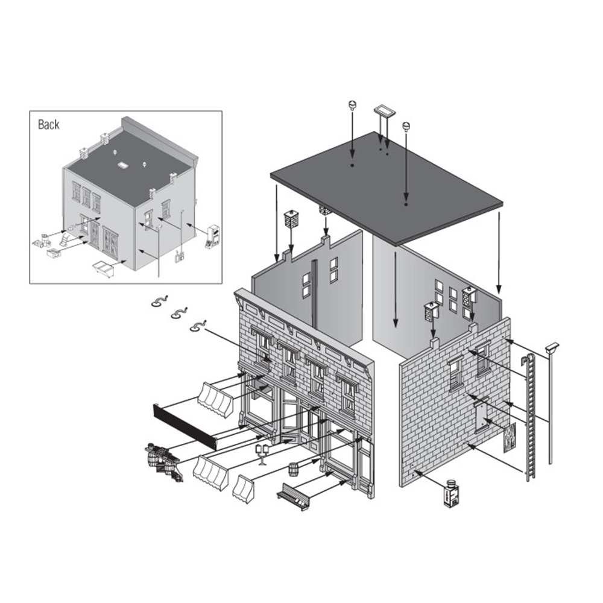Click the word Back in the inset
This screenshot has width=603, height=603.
tap(48, 124)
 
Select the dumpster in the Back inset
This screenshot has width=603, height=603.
tap(104, 268)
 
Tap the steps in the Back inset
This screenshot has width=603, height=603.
tap(66, 240)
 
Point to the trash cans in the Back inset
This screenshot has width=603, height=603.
tap(42, 241)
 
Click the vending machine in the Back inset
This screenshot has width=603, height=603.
tap(213, 236)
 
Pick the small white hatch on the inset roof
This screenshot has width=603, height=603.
tap(123, 166)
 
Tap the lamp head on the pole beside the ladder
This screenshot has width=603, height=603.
tap(552, 348)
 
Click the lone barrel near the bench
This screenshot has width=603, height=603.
tap(294, 469)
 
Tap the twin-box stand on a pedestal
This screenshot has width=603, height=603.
tap(263, 454)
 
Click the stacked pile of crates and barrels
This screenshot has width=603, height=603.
tap(164, 461)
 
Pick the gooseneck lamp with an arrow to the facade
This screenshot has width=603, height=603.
tap(198, 326)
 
